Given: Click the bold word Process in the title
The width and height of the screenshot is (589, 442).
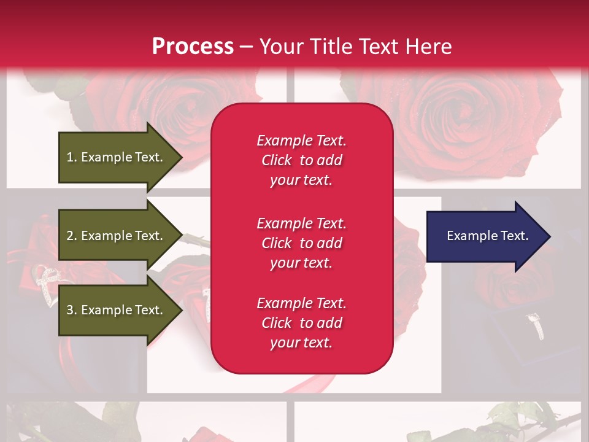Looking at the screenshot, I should pyautogui.click(x=193, y=47).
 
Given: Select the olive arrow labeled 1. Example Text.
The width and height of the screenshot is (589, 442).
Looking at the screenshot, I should pyautogui.click(x=117, y=157).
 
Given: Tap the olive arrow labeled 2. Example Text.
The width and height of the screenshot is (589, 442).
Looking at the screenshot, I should pyautogui.click(x=117, y=236).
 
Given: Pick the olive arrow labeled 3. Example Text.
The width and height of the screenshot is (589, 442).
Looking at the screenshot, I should pyautogui.click(x=117, y=310).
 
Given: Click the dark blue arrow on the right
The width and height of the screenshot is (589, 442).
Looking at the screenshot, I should pyautogui.click(x=485, y=236).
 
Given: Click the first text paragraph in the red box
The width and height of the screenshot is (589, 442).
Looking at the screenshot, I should pyautogui.click(x=301, y=160).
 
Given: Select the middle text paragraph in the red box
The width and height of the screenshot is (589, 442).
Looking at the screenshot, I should pyautogui.click(x=301, y=243).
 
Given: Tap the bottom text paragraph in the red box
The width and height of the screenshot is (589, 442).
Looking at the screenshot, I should pyautogui.click(x=301, y=323).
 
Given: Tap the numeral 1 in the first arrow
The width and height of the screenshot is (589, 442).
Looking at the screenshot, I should pyautogui.click(x=70, y=157).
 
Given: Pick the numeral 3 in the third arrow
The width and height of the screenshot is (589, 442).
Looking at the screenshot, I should pyautogui.click(x=70, y=310).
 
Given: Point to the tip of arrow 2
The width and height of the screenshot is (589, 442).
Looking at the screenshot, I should pyautogui.click(x=182, y=236).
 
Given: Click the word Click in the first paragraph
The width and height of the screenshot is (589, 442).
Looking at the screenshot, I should pyautogui.click(x=277, y=160).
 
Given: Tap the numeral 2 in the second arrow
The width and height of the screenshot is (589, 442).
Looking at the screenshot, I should pyautogui.click(x=70, y=236).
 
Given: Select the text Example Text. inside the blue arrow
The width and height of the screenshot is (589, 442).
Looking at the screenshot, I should pyautogui.click(x=487, y=236).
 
